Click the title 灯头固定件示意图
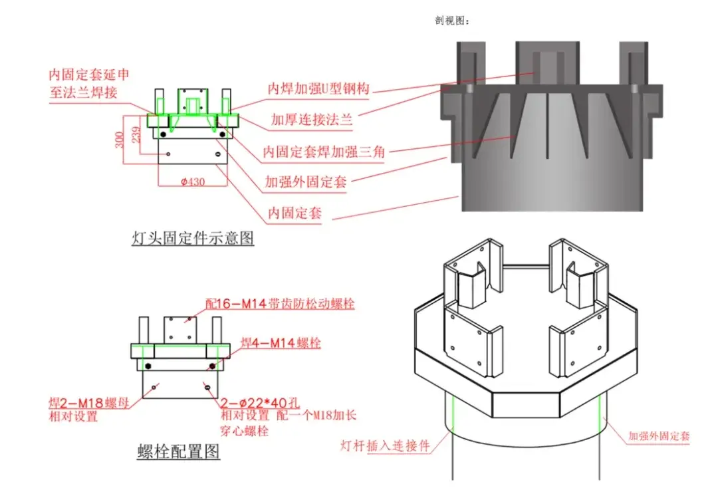[193, 238]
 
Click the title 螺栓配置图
[178, 453]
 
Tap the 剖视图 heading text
[451, 21]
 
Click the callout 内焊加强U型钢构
[318, 88]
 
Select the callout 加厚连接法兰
[311, 120]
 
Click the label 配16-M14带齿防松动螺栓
[279, 304]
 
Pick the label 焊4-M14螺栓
[280, 344]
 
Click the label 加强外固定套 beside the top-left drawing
[305, 182]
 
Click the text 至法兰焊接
[83, 92]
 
